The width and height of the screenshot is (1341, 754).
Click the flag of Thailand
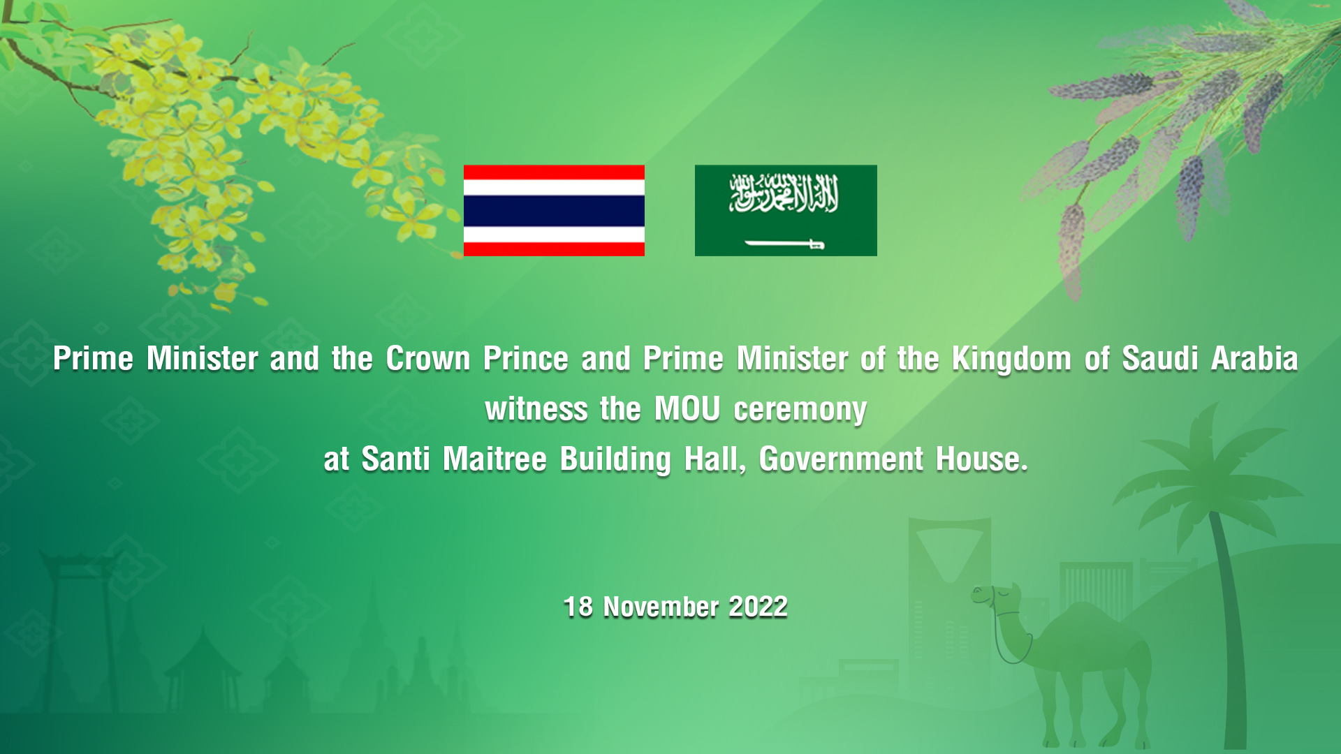coord(554,210)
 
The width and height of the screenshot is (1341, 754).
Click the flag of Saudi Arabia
coord(786,210)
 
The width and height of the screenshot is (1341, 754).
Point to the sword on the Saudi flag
coord(785,244)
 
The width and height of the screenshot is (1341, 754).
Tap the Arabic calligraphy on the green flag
coord(784,193)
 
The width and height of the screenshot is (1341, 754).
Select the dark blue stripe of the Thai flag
coord(554,210)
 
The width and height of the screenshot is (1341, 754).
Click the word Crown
coord(427,359)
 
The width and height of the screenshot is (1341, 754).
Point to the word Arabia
coord(1254,359)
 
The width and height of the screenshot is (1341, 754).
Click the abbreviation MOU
coord(687,409)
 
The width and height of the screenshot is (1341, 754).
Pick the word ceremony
coord(800,411)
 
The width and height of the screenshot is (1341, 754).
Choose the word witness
coord(536,409)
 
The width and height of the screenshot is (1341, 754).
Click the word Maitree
coord(494,459)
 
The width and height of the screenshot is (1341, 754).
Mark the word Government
coord(841,459)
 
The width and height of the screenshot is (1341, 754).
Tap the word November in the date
coord(661,607)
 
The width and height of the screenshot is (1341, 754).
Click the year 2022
coord(758,607)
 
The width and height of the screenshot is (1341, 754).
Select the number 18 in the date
coord(578,607)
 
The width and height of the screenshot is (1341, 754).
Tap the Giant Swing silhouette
coord(73,614)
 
